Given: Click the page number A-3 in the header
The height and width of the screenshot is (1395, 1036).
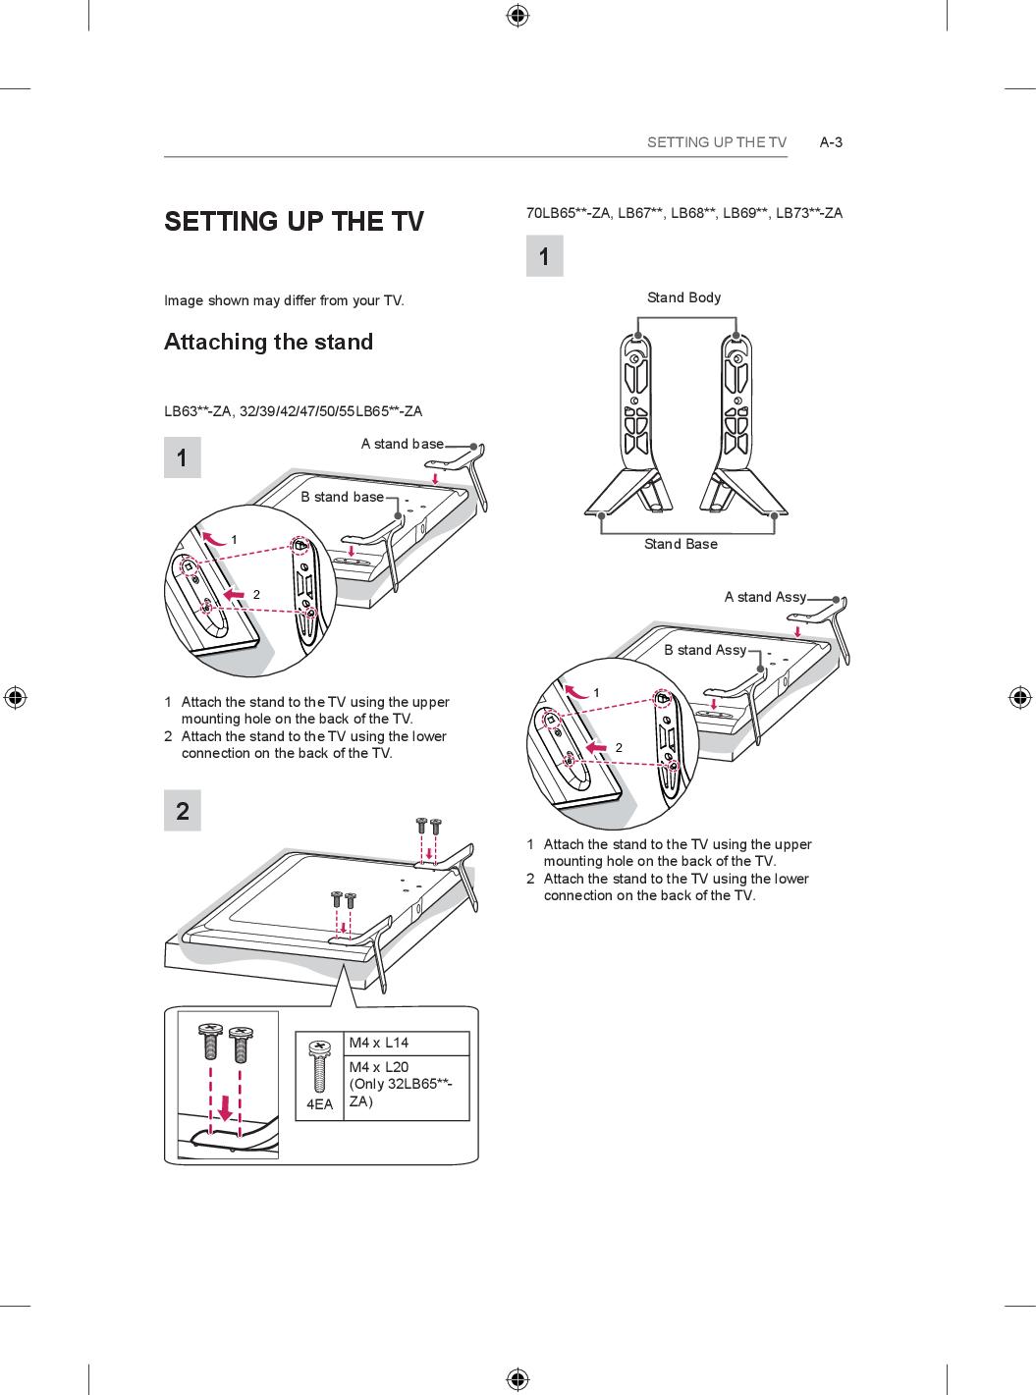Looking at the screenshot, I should pyautogui.click(x=831, y=142).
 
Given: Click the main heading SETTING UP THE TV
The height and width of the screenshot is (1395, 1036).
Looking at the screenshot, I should pyautogui.click(x=294, y=221).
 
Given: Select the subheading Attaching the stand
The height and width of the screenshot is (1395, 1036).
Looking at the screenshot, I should pyautogui.click(x=268, y=342).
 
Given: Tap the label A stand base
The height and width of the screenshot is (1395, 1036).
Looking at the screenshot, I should pyautogui.click(x=402, y=444).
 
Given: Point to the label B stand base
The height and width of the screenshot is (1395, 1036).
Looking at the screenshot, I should pyautogui.click(x=342, y=497).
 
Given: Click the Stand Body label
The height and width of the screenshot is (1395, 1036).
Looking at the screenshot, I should pyautogui.click(x=683, y=297).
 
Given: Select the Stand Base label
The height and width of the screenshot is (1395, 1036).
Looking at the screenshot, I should pyautogui.click(x=681, y=544).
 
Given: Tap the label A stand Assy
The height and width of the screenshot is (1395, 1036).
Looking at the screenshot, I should pyautogui.click(x=765, y=597).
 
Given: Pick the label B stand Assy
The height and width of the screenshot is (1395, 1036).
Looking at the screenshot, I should pyautogui.click(x=704, y=650).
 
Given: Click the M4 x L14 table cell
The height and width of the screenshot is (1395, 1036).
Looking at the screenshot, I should pyautogui.click(x=379, y=1043).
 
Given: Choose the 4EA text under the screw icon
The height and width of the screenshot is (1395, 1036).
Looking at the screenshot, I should pyautogui.click(x=319, y=1104).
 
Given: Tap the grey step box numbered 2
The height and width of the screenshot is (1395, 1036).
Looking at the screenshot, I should pyautogui.click(x=183, y=811).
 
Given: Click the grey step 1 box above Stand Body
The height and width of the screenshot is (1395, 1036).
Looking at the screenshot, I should pyautogui.click(x=545, y=257).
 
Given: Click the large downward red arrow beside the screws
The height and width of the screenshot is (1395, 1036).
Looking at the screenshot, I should pyautogui.click(x=225, y=1108).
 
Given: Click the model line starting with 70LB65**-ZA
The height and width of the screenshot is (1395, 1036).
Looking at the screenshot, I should pyautogui.click(x=683, y=213).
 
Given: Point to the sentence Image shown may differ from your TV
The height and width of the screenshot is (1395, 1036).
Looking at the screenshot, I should pyautogui.click(x=284, y=300).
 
